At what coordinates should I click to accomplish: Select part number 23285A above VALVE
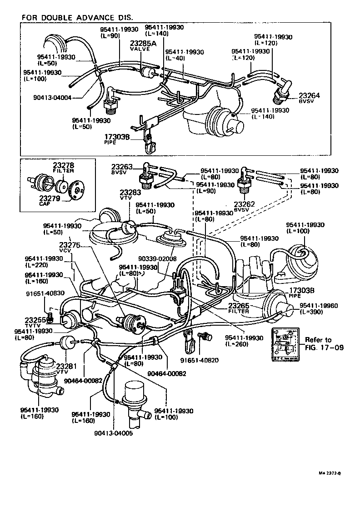[x=143, y=44]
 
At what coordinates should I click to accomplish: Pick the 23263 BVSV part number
[x=123, y=167]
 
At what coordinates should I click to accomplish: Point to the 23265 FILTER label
[x=239, y=308]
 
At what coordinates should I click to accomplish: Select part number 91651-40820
[x=199, y=361]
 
